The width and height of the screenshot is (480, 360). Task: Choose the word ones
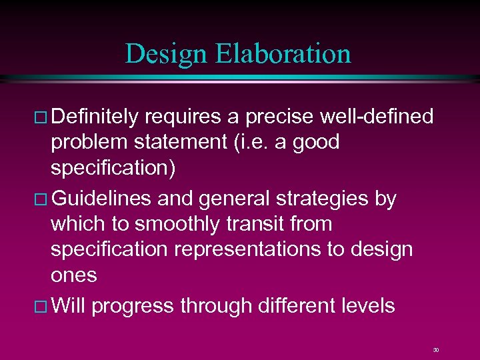pos(73,275)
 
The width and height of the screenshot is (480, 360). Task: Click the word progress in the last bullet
pos(132,306)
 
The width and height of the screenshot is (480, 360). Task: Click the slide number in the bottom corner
pos(436,349)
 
